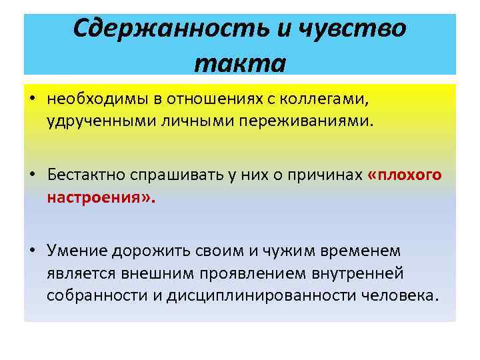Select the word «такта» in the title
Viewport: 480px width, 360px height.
[240, 63]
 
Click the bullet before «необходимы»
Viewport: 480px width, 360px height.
[32, 100]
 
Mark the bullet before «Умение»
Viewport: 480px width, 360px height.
[32, 251]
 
